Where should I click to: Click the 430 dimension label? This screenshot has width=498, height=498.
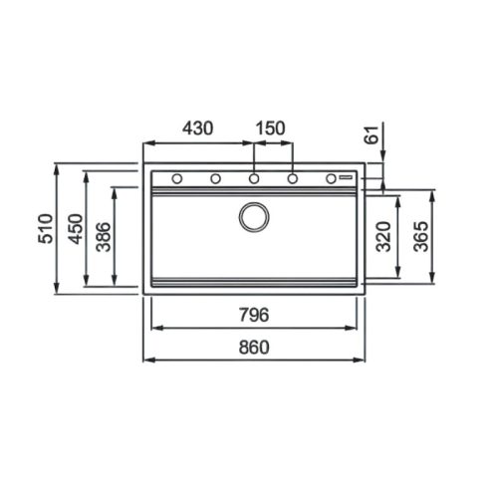pos(198,127)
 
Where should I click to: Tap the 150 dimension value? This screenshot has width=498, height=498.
pos(270,127)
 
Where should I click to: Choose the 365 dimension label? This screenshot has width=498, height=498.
pos(421,236)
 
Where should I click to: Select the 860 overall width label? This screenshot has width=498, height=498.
pos(254,347)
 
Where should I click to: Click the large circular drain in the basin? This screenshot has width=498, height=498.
pos(254,216)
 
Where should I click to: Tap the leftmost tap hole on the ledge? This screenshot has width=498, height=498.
pos(176,179)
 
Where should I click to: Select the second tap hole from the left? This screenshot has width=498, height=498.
pos(215,179)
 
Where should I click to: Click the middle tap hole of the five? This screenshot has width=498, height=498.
pos(254,179)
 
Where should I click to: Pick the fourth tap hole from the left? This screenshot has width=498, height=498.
pos(293,179)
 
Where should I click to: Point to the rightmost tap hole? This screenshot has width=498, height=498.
pos(332,179)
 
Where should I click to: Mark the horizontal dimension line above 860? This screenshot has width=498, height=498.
pos(254,360)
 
